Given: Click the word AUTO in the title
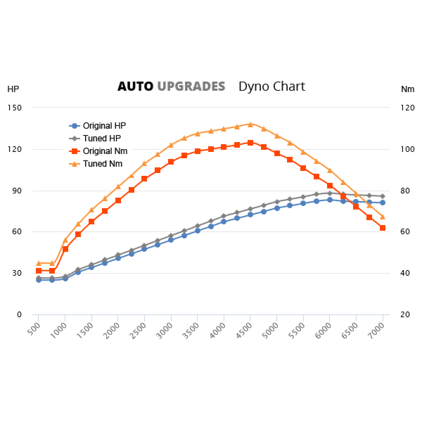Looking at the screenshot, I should [135, 87].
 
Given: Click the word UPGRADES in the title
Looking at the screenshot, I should [191, 87].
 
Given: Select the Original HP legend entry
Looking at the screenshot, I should [104, 125].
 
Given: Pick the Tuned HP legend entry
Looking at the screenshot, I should [102, 138].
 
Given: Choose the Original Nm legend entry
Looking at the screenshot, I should [105, 151].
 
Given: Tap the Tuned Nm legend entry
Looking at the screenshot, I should [103, 164].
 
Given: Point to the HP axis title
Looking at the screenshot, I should [13, 89].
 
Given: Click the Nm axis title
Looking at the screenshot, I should [407, 89].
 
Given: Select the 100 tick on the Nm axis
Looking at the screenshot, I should [408, 149].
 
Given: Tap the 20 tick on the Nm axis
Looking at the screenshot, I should [406, 314].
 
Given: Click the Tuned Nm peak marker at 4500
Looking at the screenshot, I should [250, 124].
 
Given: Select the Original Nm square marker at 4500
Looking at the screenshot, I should [250, 143].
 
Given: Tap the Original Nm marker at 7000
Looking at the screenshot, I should [383, 228].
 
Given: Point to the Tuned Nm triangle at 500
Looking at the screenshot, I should [39, 263].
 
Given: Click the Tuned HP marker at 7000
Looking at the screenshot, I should [383, 196].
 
